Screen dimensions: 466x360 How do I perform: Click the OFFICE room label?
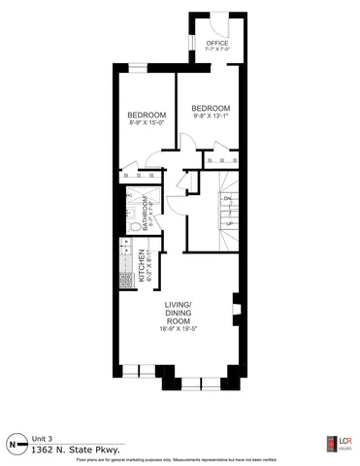tap(217, 44)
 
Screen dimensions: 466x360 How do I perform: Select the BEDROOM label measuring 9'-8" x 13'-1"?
tap(210, 108)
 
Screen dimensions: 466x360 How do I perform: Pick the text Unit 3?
tap(42, 438)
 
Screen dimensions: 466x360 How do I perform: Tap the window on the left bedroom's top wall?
tap(139, 66)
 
